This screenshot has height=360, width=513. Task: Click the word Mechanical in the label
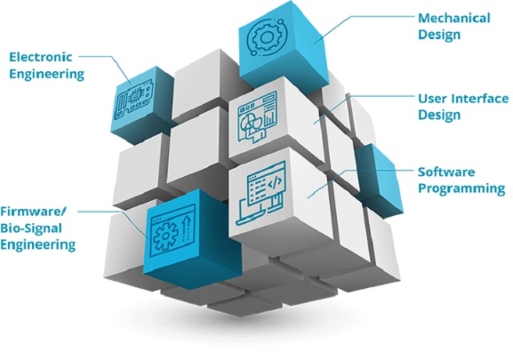[x=454, y=18]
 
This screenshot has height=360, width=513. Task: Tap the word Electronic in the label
[x=41, y=57]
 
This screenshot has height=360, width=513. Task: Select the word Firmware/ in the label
[x=33, y=212]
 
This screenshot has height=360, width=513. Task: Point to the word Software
[x=446, y=172]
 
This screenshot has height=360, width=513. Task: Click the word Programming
[x=461, y=188]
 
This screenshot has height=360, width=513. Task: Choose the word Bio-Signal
[x=31, y=228]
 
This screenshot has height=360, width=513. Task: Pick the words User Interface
[x=463, y=99]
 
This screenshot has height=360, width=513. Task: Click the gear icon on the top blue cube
[x=266, y=38]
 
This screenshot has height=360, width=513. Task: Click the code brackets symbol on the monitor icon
[x=275, y=182]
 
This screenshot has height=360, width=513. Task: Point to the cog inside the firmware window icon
[x=165, y=234]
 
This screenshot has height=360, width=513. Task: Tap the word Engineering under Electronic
[x=46, y=75]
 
